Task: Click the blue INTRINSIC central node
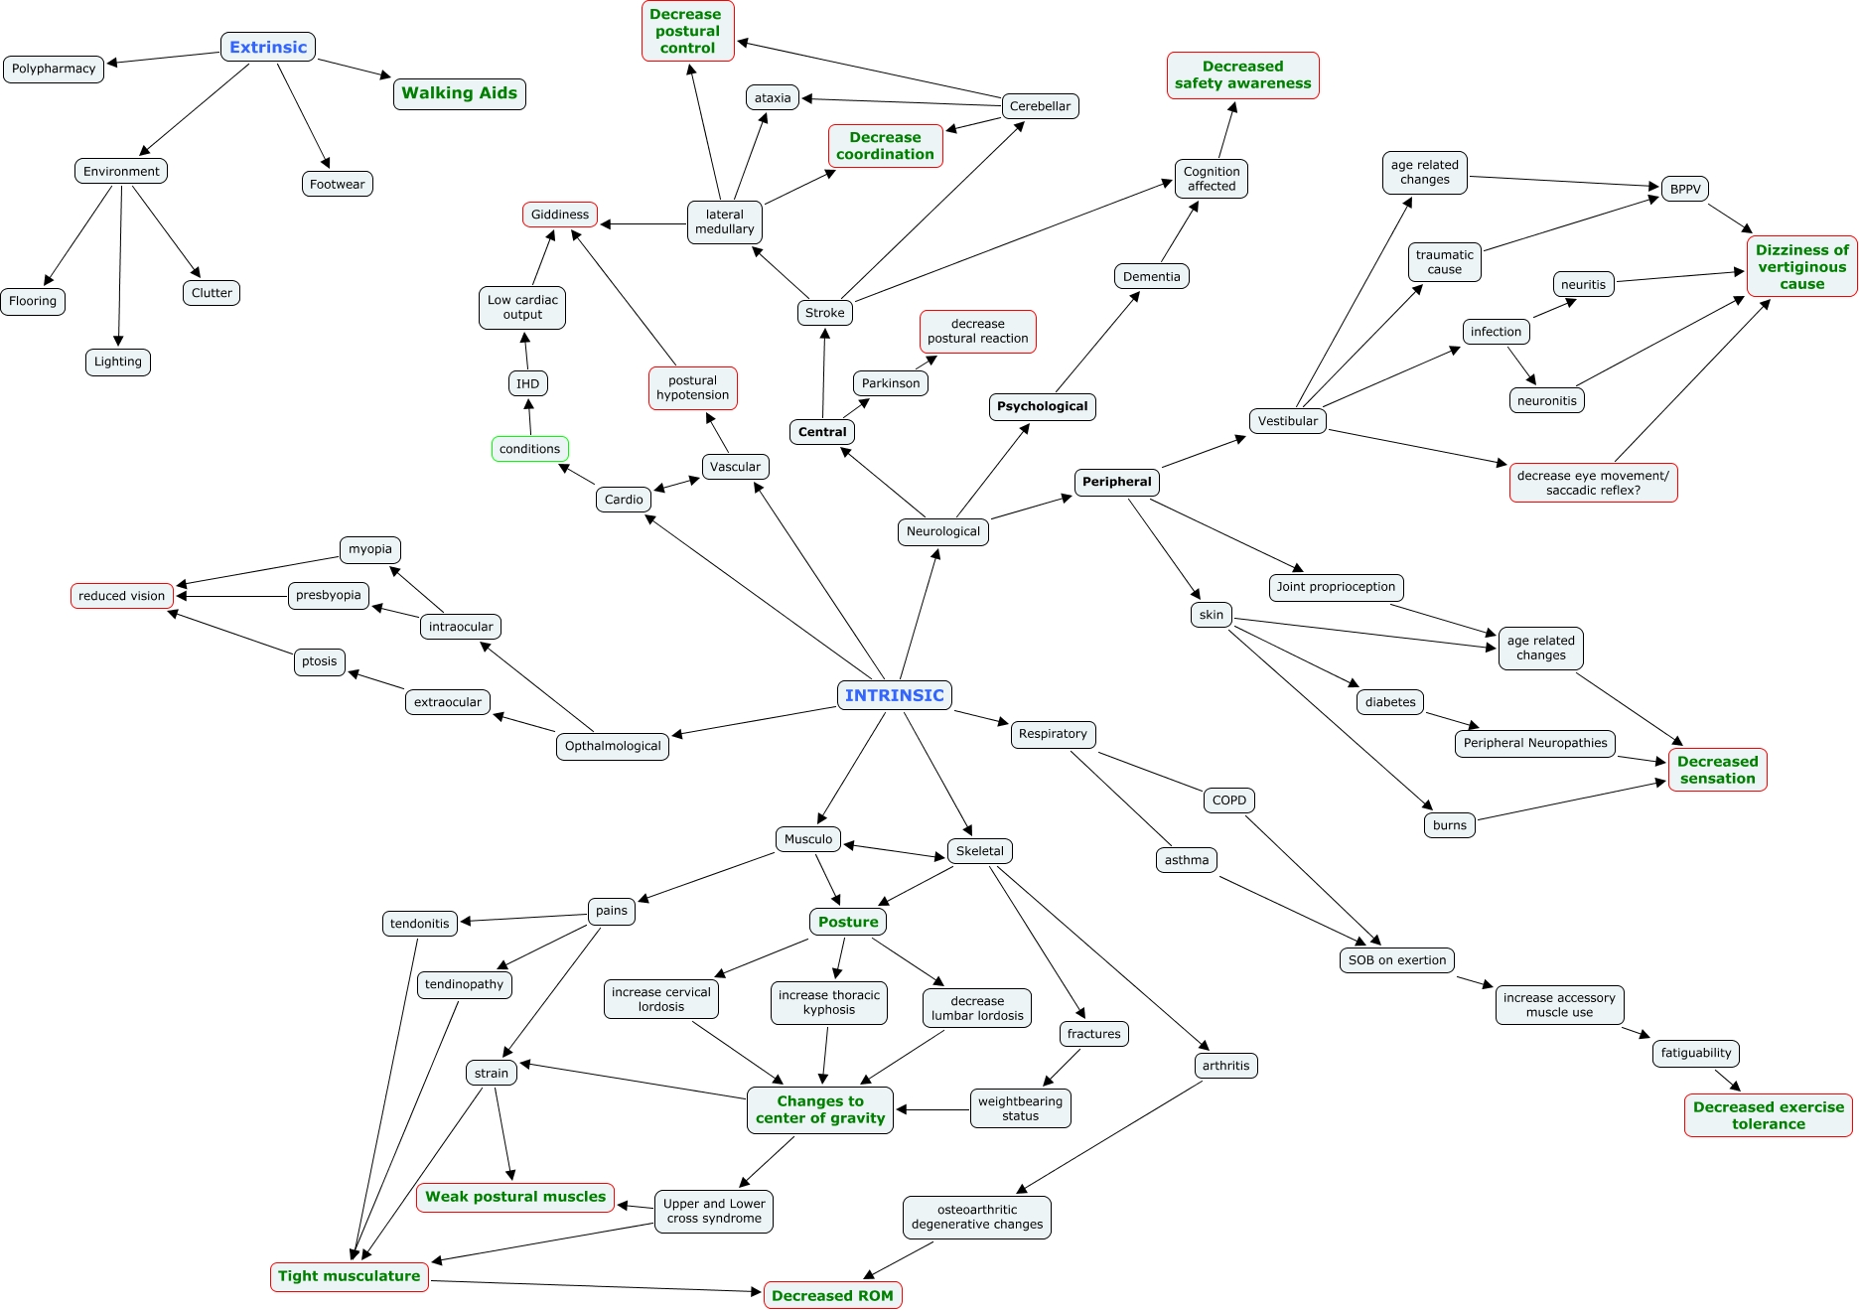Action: pos(894,695)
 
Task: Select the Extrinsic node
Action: pos(268,47)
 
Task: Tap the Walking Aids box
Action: pos(459,93)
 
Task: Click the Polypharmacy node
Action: pos(54,69)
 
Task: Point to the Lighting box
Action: pos(117,362)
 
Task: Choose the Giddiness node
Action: pos(560,215)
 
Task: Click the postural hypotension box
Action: pos(692,387)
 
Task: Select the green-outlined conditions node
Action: pos(529,449)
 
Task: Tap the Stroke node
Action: pos(824,313)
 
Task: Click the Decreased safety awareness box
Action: pos(1242,75)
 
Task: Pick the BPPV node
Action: pos(1684,189)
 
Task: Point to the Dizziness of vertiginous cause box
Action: pos(1801,266)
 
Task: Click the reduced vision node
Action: pos(122,596)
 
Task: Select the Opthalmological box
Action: pos(613,746)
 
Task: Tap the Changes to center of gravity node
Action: pos(820,1109)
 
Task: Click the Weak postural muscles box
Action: pos(515,1197)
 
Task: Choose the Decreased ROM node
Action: pos(832,1295)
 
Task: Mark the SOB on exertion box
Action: pos(1396,960)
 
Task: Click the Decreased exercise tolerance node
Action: pos(1768,1115)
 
